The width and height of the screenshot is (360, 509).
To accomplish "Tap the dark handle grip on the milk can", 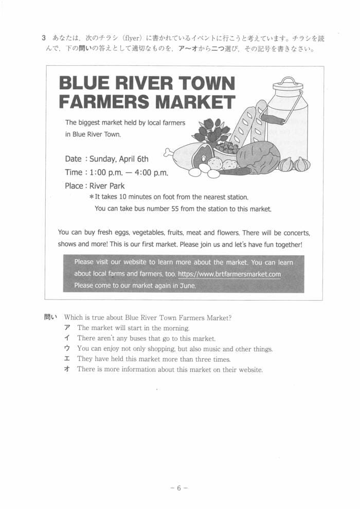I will (273, 119).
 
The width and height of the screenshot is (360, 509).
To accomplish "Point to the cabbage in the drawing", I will (259, 156).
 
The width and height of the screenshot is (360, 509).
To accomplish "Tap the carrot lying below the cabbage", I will (234, 171).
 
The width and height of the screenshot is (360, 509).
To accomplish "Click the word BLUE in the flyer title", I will (84, 84).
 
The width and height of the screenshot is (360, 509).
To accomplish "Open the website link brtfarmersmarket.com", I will (229, 274).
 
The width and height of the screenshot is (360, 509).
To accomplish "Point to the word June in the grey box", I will (187, 286).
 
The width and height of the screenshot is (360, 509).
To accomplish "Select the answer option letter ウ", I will (67, 349).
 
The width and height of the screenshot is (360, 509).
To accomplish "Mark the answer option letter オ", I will (67, 370).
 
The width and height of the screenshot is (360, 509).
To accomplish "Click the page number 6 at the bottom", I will (179, 488).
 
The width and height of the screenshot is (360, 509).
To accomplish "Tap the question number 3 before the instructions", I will (44, 39).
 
